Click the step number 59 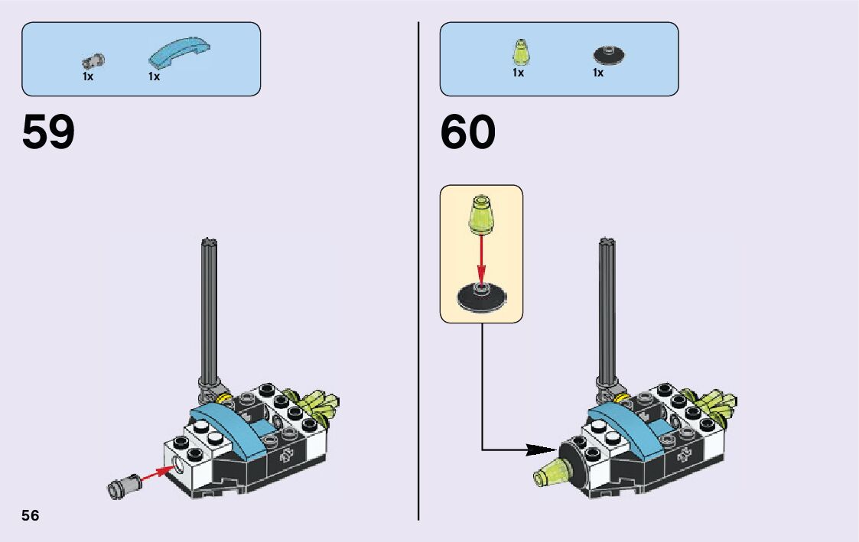click(49, 133)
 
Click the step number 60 click(467, 133)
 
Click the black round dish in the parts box click(609, 54)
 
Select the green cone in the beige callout click(481, 213)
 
